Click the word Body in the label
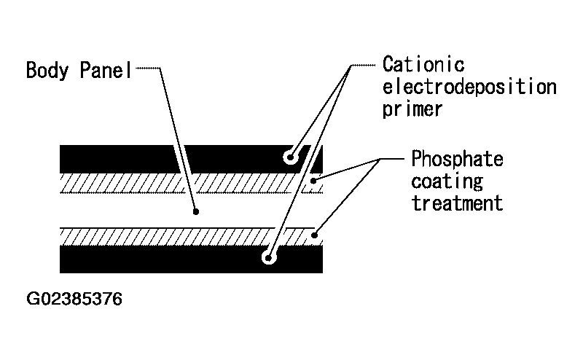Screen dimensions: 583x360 47,70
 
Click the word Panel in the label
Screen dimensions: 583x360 106,70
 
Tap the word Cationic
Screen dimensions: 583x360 423,64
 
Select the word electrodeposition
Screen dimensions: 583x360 469,87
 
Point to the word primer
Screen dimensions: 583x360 412,109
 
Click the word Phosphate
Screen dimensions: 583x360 457,159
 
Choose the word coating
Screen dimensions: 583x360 447,181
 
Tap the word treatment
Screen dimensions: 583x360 457,203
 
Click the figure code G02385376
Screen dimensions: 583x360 74,299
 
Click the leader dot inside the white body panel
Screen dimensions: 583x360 196,212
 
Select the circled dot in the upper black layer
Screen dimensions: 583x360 290,157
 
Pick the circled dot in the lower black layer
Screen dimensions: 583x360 269,257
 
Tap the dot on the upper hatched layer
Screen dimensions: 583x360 313,181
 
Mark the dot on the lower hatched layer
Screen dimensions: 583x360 314,235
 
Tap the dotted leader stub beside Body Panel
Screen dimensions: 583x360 148,68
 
